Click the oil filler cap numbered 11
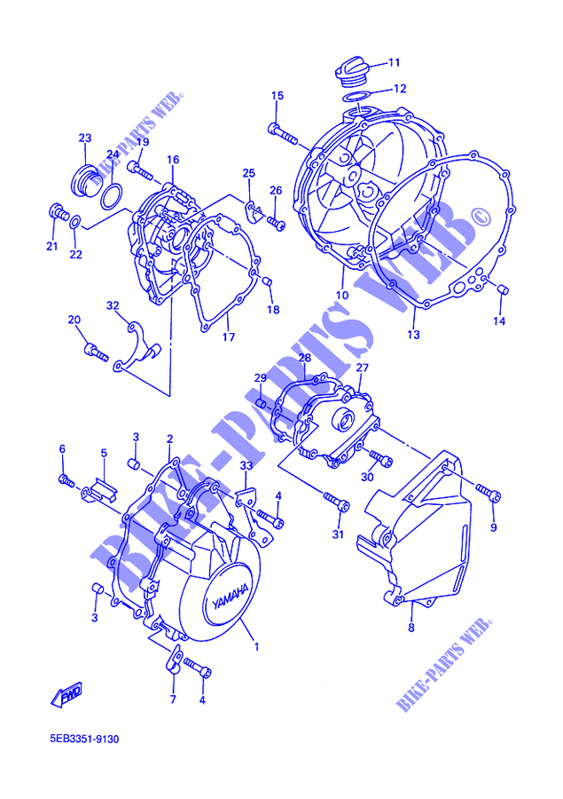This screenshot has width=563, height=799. (x=349, y=73)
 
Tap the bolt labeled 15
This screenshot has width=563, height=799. (x=282, y=133)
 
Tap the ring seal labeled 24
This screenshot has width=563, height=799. (x=112, y=196)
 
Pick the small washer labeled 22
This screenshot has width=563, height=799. (x=74, y=222)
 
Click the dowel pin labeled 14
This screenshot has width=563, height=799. (x=503, y=289)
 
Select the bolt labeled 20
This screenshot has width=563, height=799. (x=96, y=352)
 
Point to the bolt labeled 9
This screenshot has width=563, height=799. (x=489, y=492)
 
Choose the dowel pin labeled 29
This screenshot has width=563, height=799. (x=262, y=404)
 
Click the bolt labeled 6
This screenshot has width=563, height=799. (x=66, y=480)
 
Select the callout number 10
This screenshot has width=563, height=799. (x=342, y=295)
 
